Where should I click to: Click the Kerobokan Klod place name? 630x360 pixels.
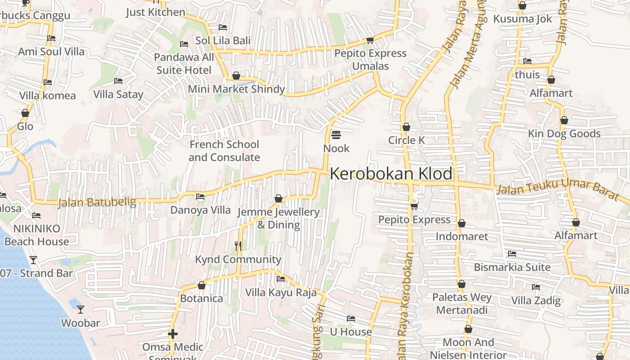(391, 174)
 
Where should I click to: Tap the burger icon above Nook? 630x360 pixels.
(336, 135)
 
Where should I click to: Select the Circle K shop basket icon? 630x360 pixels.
(406, 127)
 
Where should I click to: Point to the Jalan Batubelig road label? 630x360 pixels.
(97, 202)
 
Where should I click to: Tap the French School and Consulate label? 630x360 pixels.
(224, 151)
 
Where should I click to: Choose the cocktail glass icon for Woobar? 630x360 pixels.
(81, 310)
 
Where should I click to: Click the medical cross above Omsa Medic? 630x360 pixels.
(173, 334)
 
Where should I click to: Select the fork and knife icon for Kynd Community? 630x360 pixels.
(238, 246)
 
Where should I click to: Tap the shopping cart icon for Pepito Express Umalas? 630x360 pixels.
(370, 40)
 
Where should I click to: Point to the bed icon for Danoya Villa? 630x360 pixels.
(200, 197)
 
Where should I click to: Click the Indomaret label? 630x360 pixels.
(462, 236)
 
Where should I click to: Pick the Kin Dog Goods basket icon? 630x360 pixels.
(564, 121)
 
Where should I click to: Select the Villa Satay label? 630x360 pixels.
(118, 94)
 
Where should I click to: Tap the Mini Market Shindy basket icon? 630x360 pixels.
(236, 76)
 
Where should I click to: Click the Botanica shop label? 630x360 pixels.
(202, 298)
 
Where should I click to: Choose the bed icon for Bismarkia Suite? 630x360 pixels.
(512, 254)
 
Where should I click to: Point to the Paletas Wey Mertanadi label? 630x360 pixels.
(462, 304)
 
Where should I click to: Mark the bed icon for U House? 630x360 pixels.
(351, 319)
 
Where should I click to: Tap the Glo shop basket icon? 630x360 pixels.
(25, 113)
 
